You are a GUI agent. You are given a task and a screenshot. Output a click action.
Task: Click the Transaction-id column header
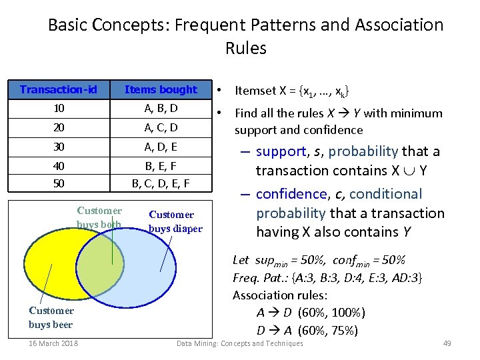pyautogui.click(x=59, y=89)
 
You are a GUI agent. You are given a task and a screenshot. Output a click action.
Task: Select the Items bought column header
pyautogui.click(x=161, y=89)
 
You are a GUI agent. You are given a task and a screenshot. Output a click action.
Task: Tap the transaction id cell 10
pyautogui.click(x=59, y=108)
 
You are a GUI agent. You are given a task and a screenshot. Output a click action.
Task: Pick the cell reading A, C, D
pyautogui.click(x=161, y=127)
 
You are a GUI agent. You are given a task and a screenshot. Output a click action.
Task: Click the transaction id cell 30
pyautogui.click(x=59, y=146)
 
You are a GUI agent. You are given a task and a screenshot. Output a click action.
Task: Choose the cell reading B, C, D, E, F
pyautogui.click(x=161, y=182)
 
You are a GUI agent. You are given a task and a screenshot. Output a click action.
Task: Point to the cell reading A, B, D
pyautogui.click(x=161, y=108)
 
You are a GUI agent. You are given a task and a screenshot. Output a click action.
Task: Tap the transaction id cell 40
pyautogui.click(x=59, y=165)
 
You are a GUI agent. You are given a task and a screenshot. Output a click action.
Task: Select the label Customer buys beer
pyautogui.click(x=51, y=317)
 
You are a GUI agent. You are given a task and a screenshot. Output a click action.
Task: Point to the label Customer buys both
pyautogui.click(x=99, y=218)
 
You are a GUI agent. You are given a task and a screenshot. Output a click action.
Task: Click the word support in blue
pyautogui.click(x=283, y=151)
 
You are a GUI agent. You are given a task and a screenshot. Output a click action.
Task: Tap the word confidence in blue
pyautogui.click(x=291, y=194)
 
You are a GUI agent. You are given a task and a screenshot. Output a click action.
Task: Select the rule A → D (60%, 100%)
pyautogui.click(x=311, y=313)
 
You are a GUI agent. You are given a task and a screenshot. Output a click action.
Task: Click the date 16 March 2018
pyautogui.click(x=53, y=343)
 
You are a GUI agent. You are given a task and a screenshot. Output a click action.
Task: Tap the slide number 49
pyautogui.click(x=447, y=343)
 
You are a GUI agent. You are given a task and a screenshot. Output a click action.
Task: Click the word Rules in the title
pyautogui.click(x=245, y=48)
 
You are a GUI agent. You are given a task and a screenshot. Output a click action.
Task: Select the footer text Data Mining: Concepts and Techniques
pyautogui.click(x=239, y=343)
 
